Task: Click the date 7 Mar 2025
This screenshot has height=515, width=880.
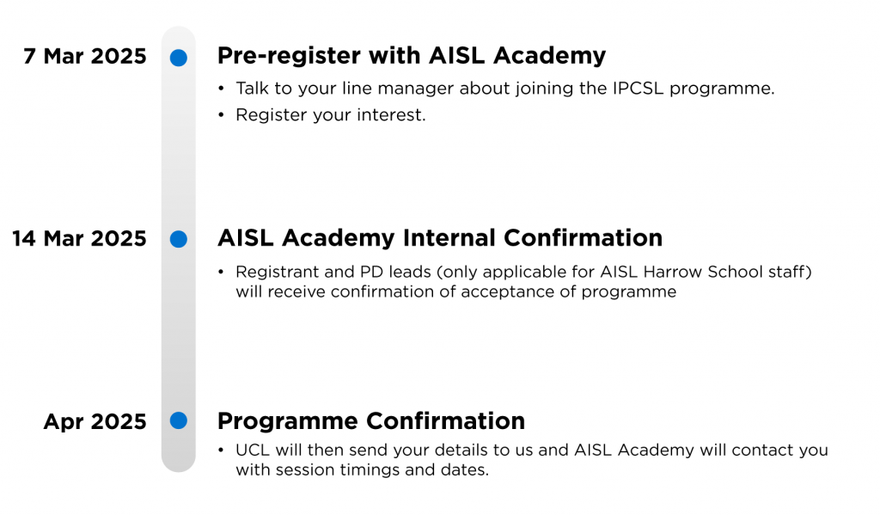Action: [x=85, y=56]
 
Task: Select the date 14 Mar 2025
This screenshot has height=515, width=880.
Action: [x=79, y=239]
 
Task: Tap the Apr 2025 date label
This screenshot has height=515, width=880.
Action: [x=95, y=422]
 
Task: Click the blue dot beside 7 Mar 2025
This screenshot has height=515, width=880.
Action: [x=179, y=58]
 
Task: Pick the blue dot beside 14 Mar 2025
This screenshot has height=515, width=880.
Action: [x=179, y=239]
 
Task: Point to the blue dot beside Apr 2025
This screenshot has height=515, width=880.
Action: [x=179, y=420]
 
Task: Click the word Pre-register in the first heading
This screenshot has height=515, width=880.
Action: [x=289, y=56]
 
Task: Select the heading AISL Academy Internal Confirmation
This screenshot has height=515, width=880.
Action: [x=440, y=238]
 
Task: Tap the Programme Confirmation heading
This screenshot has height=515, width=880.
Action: [x=371, y=421]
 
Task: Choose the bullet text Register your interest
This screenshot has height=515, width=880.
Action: [x=331, y=114]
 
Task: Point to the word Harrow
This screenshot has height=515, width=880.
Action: [x=673, y=272]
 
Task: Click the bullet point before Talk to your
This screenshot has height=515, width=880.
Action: [x=221, y=89]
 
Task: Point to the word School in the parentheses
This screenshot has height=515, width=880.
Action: [x=734, y=272]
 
